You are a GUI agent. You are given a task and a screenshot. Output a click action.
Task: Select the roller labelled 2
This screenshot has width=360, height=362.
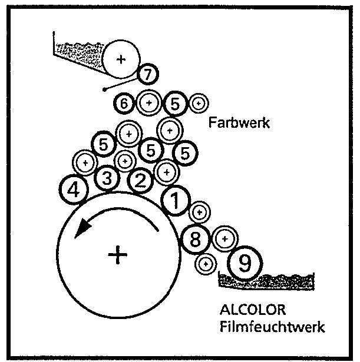pyautogui.click(x=140, y=181)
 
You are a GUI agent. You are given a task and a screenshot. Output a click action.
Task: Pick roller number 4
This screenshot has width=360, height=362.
pyautogui.click(x=74, y=190)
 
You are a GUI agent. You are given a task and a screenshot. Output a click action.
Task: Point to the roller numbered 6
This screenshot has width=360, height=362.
pyautogui.click(x=124, y=104)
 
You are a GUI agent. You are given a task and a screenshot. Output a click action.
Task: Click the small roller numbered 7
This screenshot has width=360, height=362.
pyautogui.click(x=148, y=75)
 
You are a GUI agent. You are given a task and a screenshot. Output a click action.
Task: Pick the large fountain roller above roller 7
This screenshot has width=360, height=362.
pyautogui.click(x=121, y=59)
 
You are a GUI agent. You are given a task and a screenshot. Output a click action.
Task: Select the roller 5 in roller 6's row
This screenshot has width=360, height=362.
pyautogui.click(x=175, y=104)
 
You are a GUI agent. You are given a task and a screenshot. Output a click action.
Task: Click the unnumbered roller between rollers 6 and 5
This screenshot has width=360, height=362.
pyautogui.click(x=148, y=104)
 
